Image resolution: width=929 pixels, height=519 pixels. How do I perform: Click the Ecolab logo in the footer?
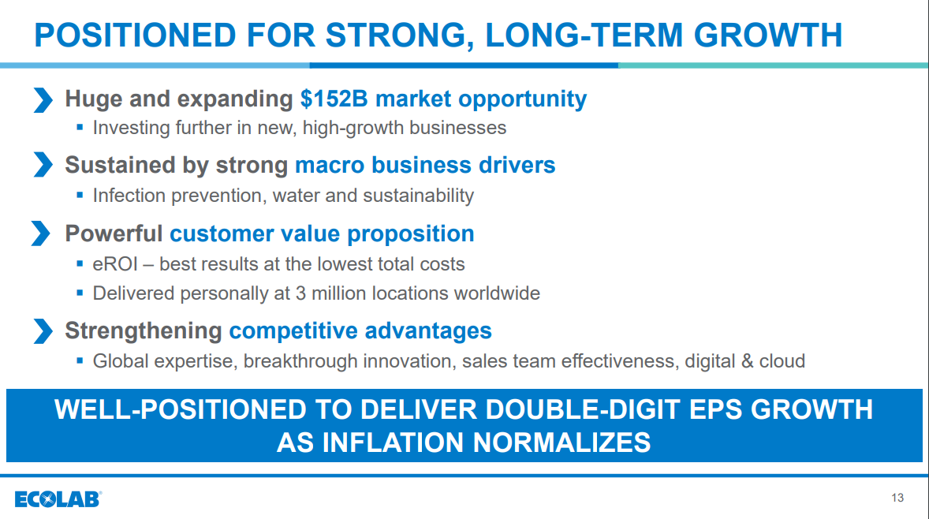(x=58, y=498)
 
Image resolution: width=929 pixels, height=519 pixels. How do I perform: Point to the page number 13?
(x=897, y=498)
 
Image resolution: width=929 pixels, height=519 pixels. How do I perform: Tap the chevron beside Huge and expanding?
(x=43, y=100)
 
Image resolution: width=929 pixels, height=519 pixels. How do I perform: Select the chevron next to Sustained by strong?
(x=43, y=165)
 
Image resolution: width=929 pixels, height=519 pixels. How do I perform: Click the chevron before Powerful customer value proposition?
(x=40, y=233)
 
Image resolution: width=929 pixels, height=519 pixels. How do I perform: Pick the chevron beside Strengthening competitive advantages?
(x=43, y=331)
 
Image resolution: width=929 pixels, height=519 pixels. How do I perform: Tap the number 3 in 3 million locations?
(x=300, y=293)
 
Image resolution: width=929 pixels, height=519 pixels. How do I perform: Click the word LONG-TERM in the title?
(x=584, y=35)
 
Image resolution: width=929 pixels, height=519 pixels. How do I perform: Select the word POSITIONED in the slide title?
(x=135, y=35)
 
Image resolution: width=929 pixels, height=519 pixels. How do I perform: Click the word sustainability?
(x=418, y=196)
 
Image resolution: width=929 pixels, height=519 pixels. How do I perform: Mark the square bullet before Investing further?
(x=80, y=127)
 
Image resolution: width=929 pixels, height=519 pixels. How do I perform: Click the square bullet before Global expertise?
(x=80, y=360)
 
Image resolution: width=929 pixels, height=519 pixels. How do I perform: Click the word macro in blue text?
(x=330, y=166)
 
